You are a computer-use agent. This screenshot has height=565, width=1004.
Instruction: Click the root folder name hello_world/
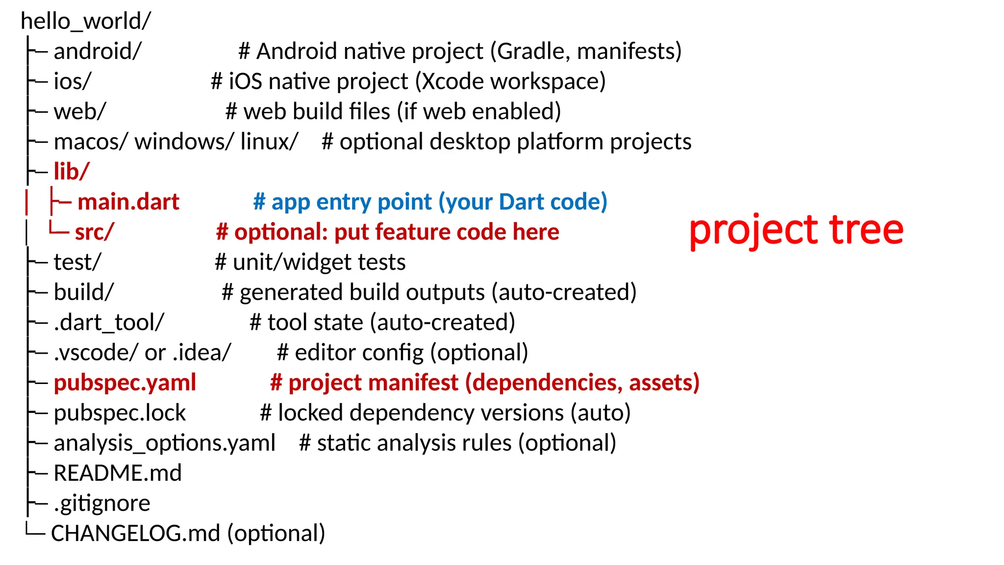click(x=86, y=21)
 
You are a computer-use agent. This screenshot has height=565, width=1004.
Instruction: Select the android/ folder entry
click(x=98, y=51)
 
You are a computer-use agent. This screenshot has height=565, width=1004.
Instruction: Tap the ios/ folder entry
click(x=72, y=81)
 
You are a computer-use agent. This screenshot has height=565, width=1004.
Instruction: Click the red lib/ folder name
click(x=72, y=172)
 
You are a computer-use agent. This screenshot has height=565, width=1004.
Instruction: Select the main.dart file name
click(x=128, y=202)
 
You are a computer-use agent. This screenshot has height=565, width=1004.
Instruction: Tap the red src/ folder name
click(x=94, y=232)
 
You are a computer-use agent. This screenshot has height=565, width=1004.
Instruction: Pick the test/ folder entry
click(x=77, y=262)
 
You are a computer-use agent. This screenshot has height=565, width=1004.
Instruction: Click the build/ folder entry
click(x=83, y=292)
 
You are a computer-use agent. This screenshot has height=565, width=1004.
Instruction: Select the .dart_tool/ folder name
click(x=109, y=323)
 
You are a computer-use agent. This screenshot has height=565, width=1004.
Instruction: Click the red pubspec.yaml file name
click(x=125, y=383)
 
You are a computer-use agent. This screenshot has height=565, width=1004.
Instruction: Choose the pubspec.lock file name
click(x=120, y=413)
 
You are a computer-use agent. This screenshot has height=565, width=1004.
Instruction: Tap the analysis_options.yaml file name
click(x=165, y=443)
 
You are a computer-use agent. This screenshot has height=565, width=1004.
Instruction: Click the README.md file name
click(x=118, y=473)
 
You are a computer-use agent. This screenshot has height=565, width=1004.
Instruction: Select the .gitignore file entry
click(x=102, y=503)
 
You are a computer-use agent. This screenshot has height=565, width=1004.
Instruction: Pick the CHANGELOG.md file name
click(x=135, y=534)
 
